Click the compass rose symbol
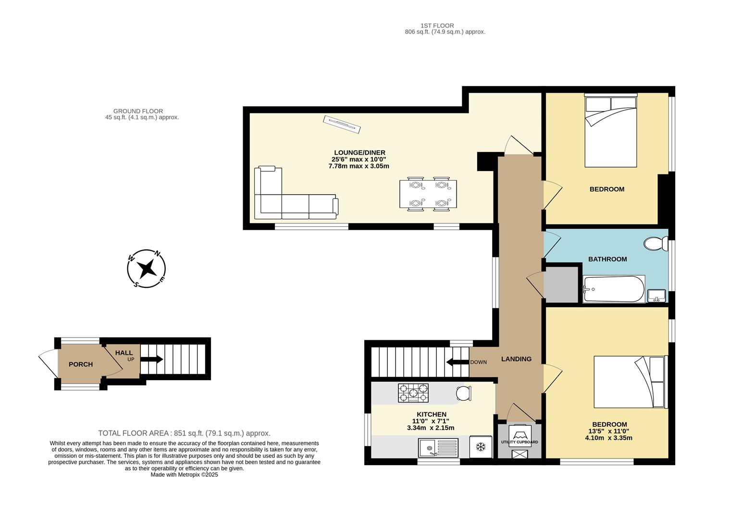(x=147, y=269)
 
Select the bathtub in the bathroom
(x=613, y=289)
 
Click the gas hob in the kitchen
(x=413, y=393)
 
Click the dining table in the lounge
(x=428, y=194)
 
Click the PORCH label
(x=81, y=364)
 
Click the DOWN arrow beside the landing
(x=457, y=362)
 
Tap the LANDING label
(x=516, y=359)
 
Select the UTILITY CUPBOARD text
(x=519, y=442)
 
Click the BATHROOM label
(x=607, y=259)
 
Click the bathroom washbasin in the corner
(x=656, y=295)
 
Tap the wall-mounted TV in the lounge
(x=342, y=124)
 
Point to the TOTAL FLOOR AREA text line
(x=184, y=433)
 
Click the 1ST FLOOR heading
(x=437, y=26)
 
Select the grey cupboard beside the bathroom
(x=560, y=284)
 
